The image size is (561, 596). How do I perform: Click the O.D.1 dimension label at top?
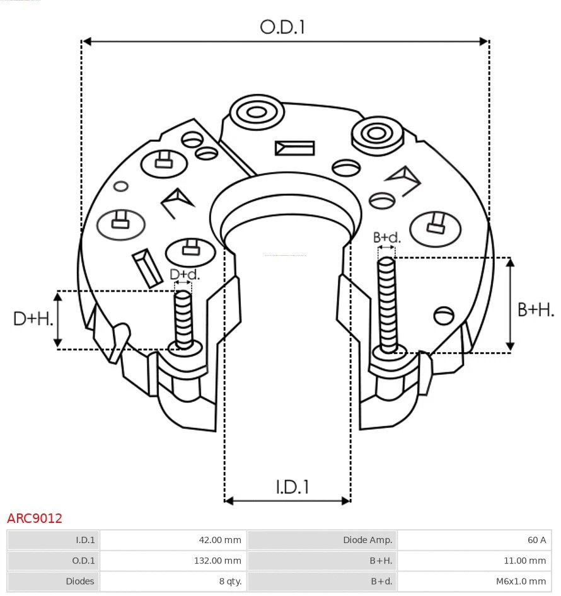pos(282,27)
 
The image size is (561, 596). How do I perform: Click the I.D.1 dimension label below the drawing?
pos(292,486)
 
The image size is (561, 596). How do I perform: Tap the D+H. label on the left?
pos(33,319)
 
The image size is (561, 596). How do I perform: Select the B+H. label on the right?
pos(535,309)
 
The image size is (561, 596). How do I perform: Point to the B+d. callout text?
pos(386,238)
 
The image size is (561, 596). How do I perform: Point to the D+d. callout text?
pos(185,275)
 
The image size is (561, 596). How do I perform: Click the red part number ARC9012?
pos(35,519)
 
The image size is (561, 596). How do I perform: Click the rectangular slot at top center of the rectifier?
pos(294,148)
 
